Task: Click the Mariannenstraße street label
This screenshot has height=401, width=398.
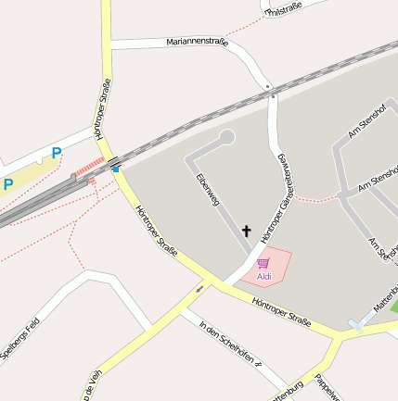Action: tap(197, 42)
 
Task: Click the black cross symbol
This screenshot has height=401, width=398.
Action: tap(247, 231)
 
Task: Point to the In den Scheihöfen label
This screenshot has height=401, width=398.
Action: tap(227, 342)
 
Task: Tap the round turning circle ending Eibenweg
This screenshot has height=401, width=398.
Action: tap(226, 137)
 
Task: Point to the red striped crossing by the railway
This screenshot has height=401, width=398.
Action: tap(90, 168)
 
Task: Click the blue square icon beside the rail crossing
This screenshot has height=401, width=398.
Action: tap(115, 169)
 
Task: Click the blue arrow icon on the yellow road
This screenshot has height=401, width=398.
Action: tap(199, 289)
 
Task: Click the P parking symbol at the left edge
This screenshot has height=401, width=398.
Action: tap(7, 184)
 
